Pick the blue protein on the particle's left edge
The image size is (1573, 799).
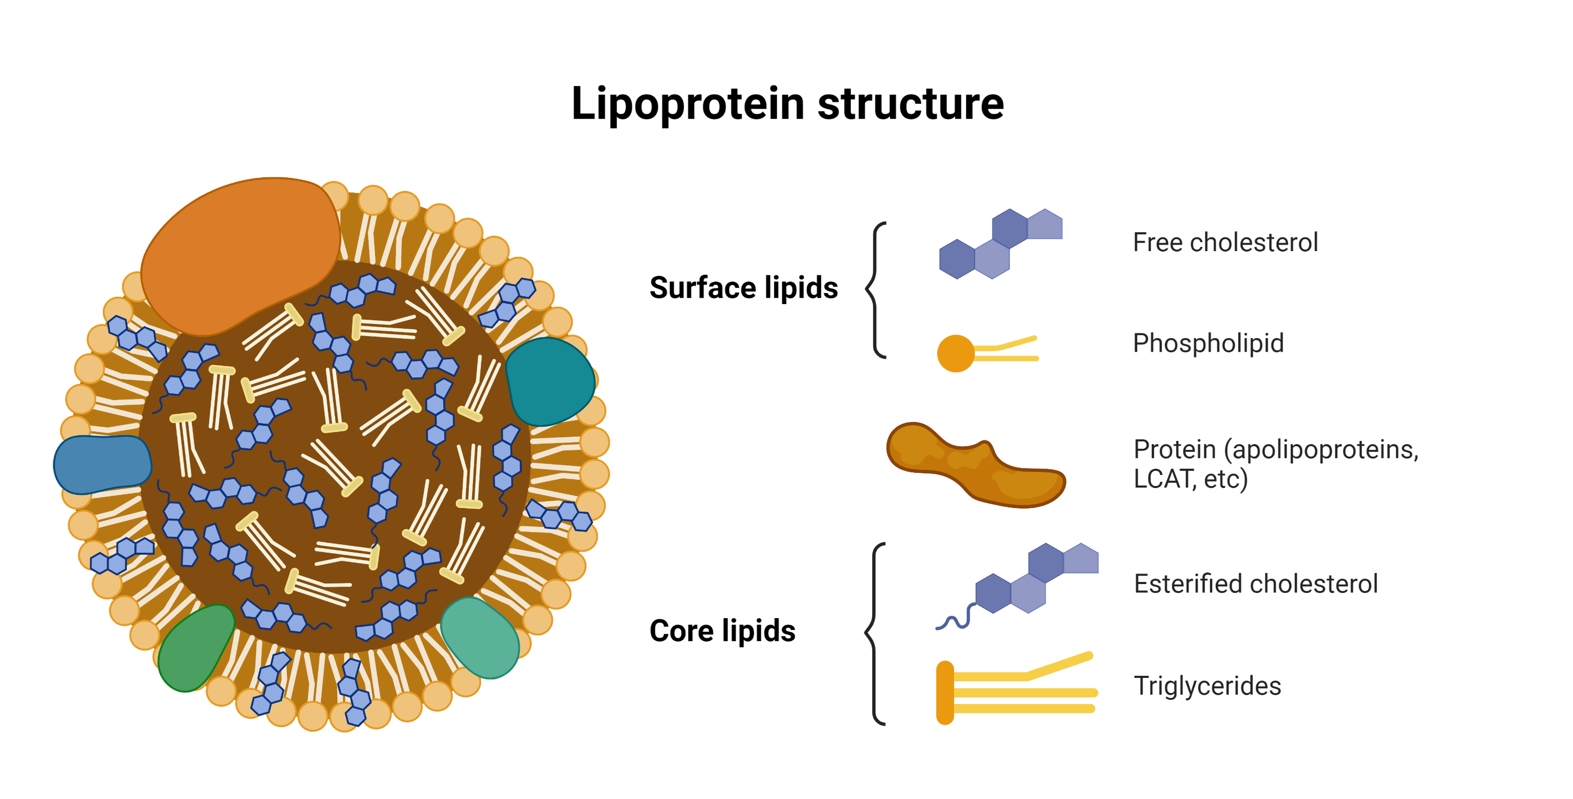[x=101, y=464]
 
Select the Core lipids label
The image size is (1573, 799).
[x=722, y=631]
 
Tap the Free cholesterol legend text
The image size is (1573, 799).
[x=1225, y=242]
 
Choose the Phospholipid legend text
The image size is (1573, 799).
[x=1208, y=343]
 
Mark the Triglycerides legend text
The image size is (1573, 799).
[x=1206, y=685]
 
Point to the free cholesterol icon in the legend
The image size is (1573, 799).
[x=1000, y=244]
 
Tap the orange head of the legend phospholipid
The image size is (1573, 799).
[x=955, y=353]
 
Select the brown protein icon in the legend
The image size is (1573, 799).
[x=975, y=465]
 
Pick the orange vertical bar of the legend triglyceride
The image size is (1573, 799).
[x=945, y=692]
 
